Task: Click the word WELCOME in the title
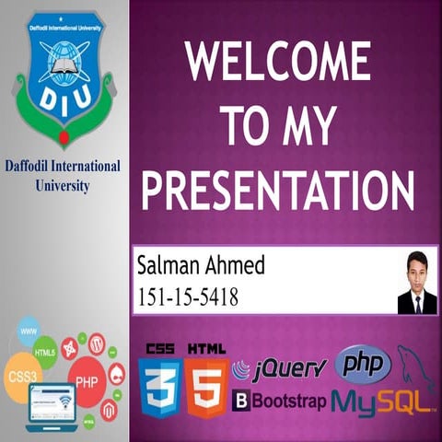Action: pyautogui.click(x=278, y=62)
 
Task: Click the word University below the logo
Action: pyautogui.click(x=62, y=185)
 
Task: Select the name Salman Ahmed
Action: pyautogui.click(x=200, y=267)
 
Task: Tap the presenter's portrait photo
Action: pyautogui.click(x=417, y=283)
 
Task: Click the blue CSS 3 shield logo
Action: pyautogui.click(x=158, y=387)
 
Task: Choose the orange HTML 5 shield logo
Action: pyautogui.click(x=206, y=387)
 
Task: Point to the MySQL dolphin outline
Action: pyautogui.click(x=416, y=368)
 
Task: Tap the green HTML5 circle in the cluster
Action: pyautogui.click(x=45, y=352)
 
